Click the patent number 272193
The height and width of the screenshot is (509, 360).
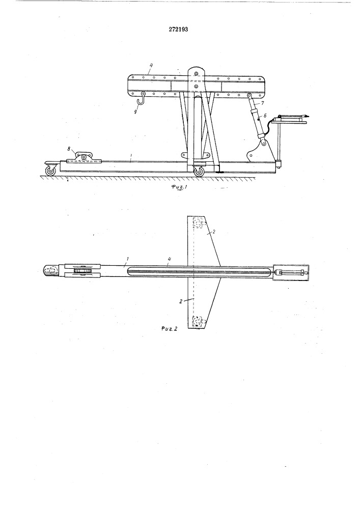click(x=179, y=30)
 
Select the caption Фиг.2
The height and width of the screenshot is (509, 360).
click(x=169, y=329)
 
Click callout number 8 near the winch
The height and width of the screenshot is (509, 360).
click(x=69, y=149)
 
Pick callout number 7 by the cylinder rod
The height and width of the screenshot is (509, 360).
click(x=263, y=103)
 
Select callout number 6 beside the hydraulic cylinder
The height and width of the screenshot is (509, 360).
click(x=265, y=115)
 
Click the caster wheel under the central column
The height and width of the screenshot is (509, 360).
click(x=198, y=171)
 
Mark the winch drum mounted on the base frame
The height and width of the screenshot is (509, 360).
click(x=84, y=157)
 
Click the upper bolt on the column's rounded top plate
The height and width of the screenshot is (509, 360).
click(x=196, y=73)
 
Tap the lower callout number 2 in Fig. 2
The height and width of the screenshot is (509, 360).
click(x=181, y=301)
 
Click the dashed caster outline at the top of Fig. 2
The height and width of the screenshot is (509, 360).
click(x=198, y=222)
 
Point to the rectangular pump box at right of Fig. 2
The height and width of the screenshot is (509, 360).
click(x=291, y=273)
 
